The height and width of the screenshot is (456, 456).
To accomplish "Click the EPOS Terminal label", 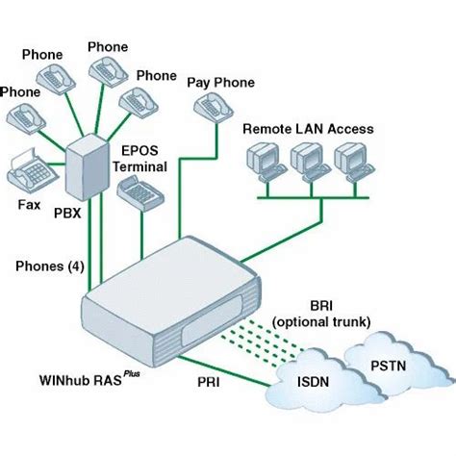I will tap(143, 158).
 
